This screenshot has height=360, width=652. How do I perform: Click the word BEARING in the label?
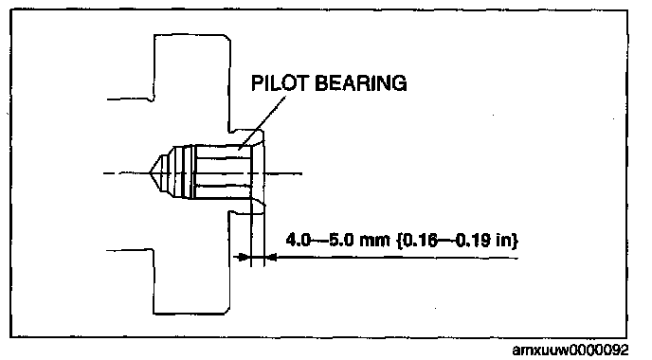click(361, 83)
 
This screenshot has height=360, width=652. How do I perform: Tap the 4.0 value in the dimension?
click(299, 240)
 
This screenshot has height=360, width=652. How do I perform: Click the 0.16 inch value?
click(421, 240)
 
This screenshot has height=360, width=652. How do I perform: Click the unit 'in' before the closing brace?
click(503, 240)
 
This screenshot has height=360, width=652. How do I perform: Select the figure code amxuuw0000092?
click(570, 351)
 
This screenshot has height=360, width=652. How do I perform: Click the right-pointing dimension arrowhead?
click(243, 258)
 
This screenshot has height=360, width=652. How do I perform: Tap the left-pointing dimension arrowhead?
click(271, 258)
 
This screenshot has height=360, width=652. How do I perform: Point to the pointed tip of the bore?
click(149, 172)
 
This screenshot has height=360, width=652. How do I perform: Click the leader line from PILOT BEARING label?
click(262, 122)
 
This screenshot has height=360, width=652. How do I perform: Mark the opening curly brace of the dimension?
click(400, 241)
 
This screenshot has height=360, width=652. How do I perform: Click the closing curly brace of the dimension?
click(516, 241)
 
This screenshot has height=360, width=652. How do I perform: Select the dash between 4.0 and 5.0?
click(319, 241)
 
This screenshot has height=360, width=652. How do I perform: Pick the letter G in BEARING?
click(399, 83)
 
